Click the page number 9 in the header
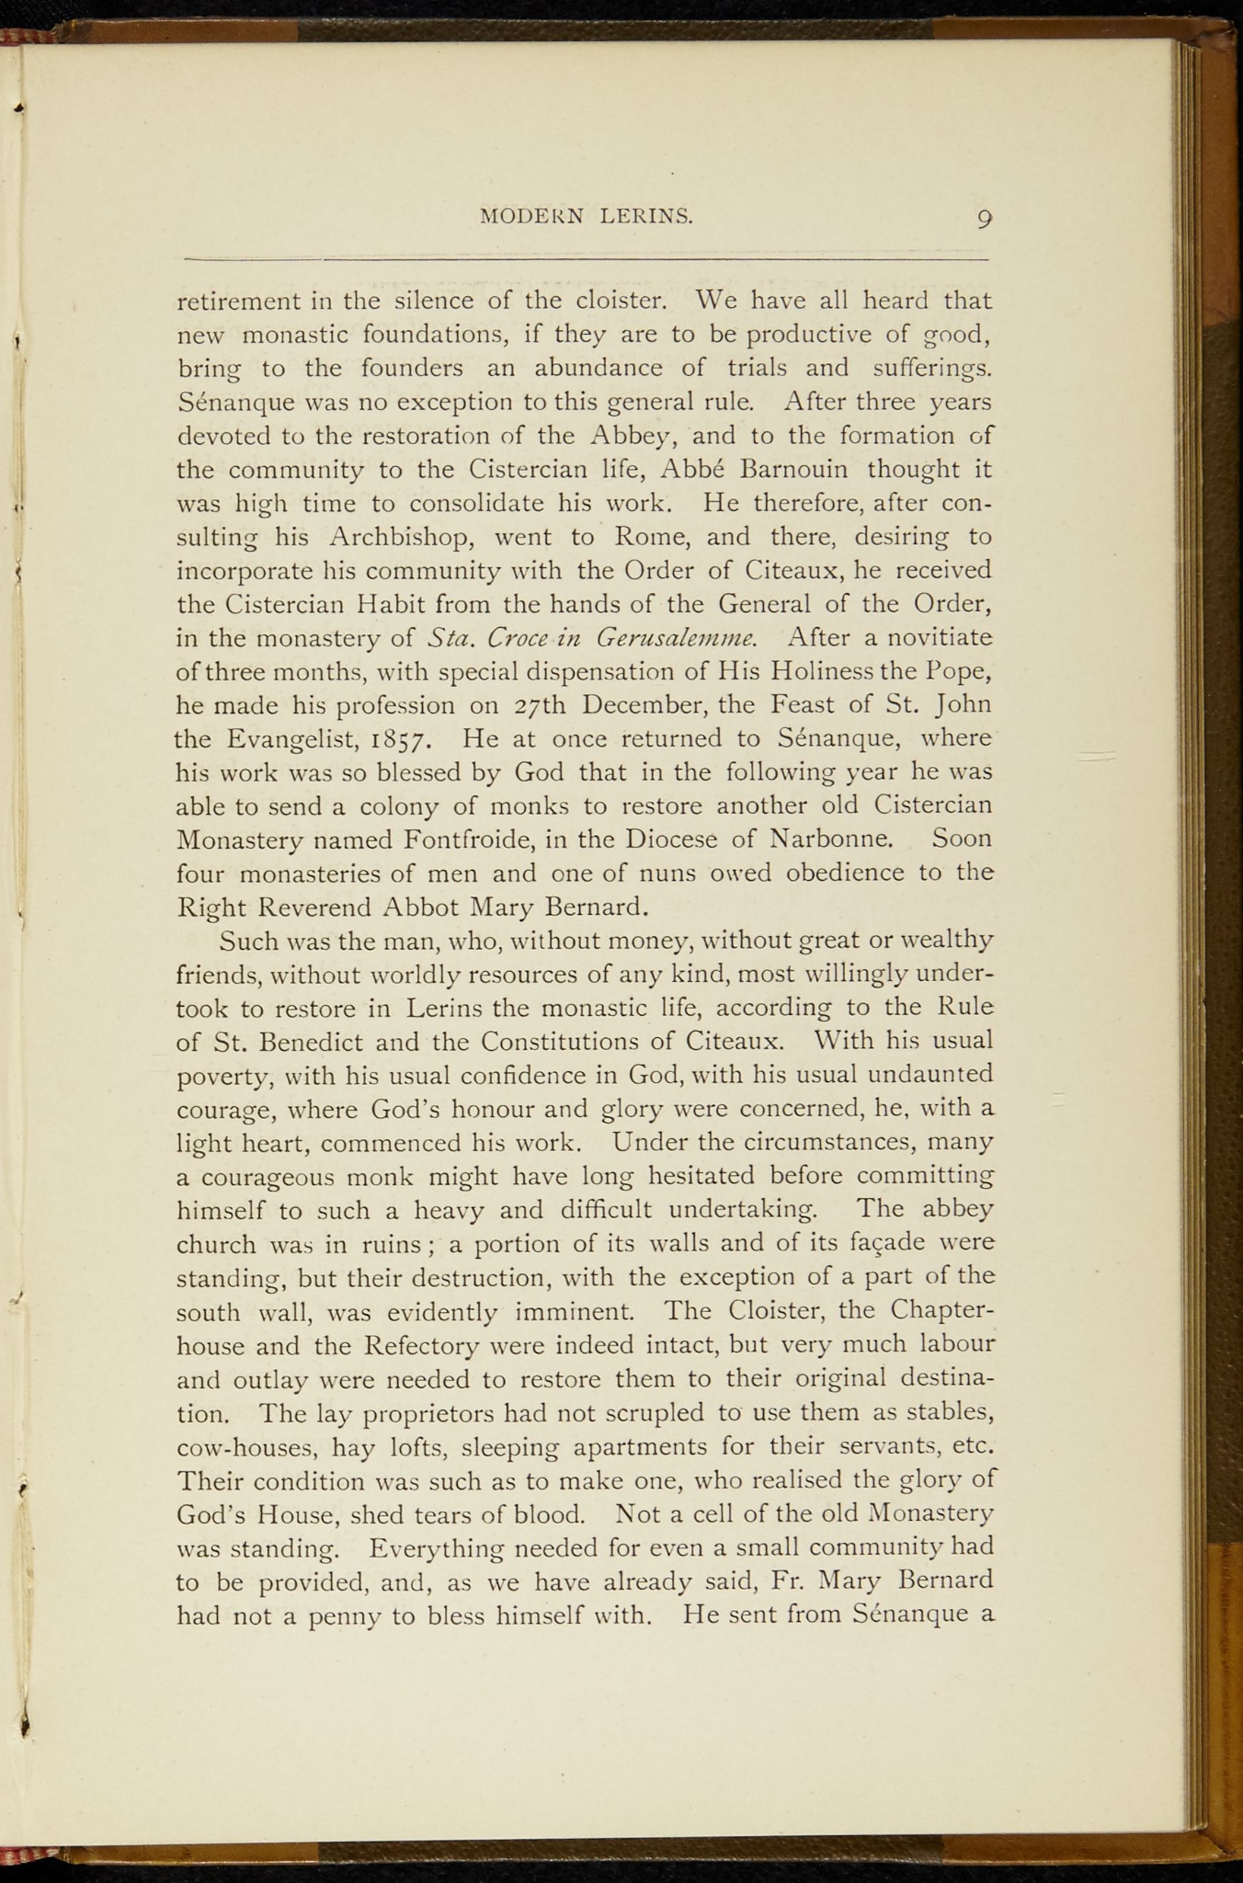click(985, 219)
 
